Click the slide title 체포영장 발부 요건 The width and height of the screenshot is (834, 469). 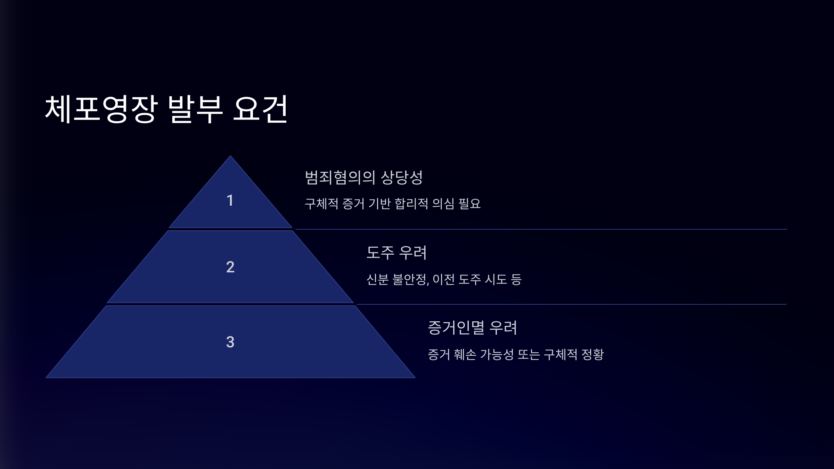click(166, 109)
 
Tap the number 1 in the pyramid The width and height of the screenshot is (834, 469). click(230, 200)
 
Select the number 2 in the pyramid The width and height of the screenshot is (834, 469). click(230, 267)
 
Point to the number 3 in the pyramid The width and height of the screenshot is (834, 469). click(230, 342)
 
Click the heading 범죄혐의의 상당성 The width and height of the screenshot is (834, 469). click(363, 178)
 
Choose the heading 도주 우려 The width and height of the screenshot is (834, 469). click(396, 253)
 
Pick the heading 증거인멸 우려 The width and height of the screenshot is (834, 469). click(472, 328)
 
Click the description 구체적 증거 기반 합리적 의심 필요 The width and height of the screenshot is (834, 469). click(393, 204)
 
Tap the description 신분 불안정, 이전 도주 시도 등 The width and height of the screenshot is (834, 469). click(444, 279)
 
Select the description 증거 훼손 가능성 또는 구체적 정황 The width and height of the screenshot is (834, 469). click(516, 354)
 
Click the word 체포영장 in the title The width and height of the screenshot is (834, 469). click(101, 109)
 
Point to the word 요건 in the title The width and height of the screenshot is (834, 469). click(260, 109)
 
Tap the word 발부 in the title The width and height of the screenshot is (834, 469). click(195, 109)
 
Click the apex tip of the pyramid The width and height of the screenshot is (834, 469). click(230, 157)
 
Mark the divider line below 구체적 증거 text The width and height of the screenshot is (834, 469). click(541, 229)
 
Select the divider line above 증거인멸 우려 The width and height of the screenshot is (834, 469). click(571, 304)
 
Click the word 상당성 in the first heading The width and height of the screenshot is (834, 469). click(402, 178)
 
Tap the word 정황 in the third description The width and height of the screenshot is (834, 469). click(593, 354)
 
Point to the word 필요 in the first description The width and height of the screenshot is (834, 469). click(469, 204)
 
